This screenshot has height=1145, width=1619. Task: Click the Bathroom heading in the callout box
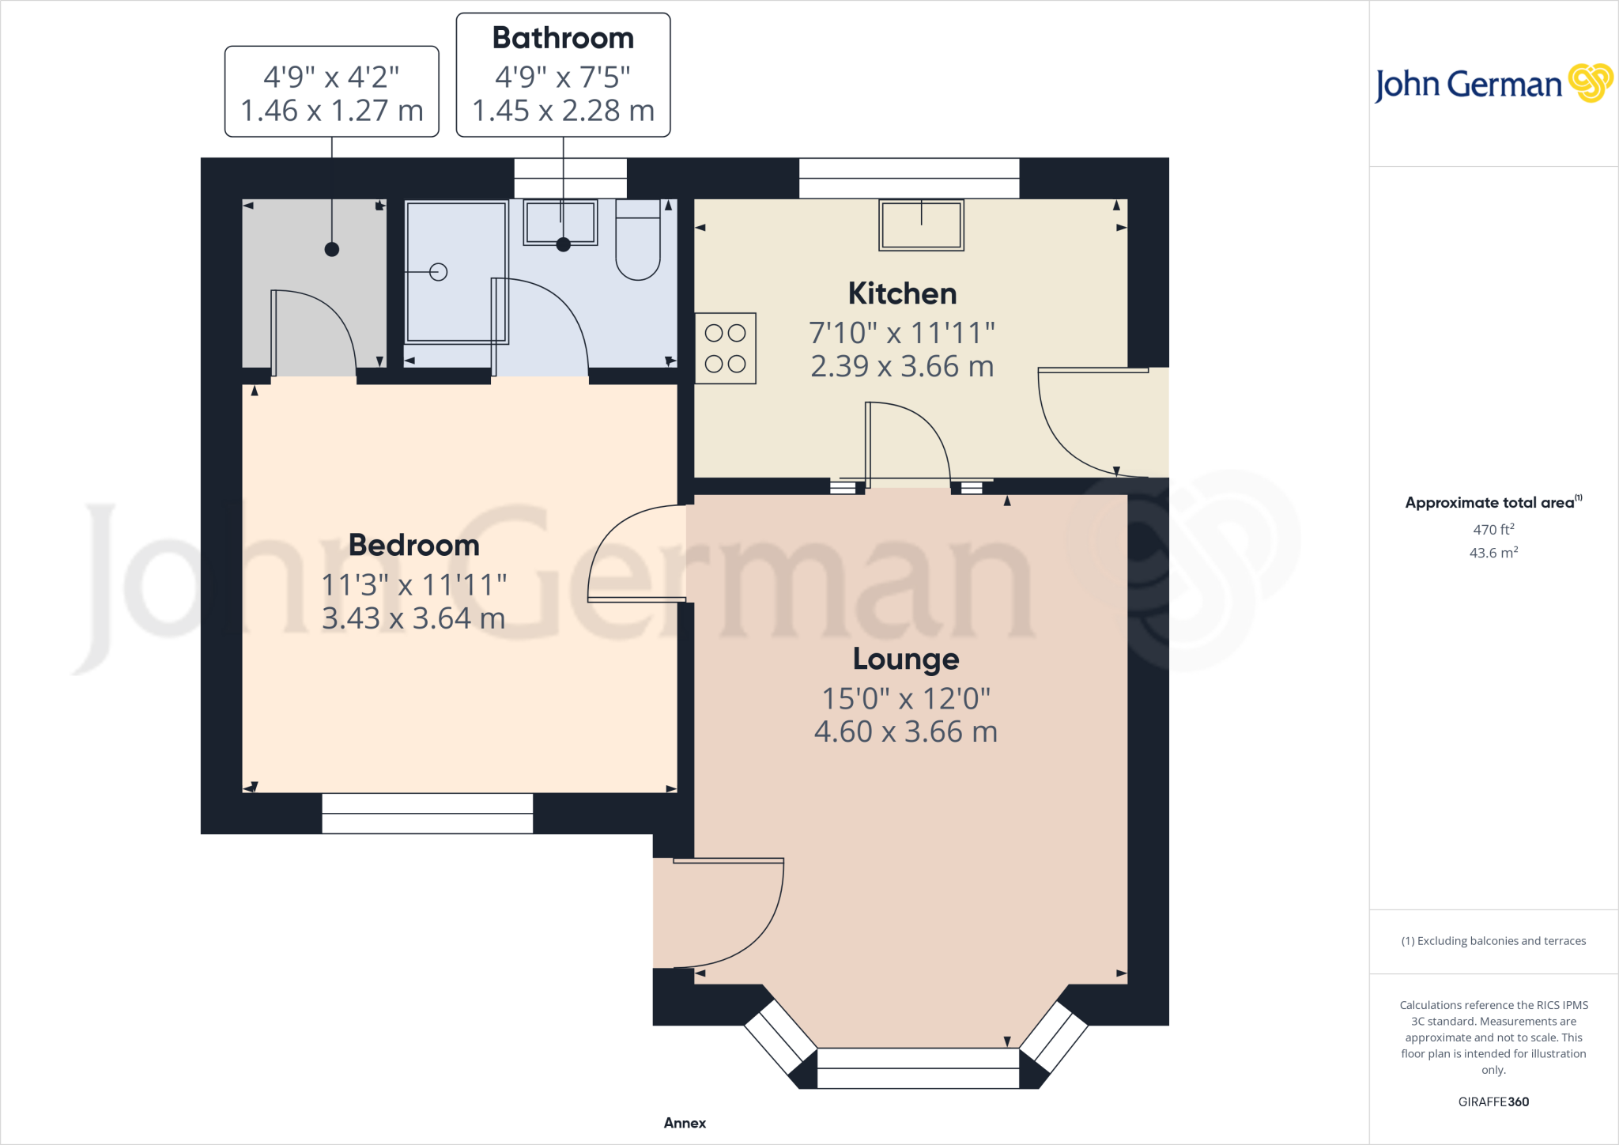coord(563,38)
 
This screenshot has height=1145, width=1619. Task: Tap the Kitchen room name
coord(902,293)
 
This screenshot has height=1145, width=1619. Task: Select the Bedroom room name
coord(413,545)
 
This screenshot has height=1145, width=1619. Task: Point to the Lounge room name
coord(906,659)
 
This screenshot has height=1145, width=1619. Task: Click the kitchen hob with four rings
coord(726,349)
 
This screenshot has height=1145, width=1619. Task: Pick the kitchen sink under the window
coord(922,225)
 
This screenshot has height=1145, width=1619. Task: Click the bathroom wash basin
coord(560,222)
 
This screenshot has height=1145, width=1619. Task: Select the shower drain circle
coord(439,272)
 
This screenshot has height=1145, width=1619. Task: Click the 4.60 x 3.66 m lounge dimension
coord(906,731)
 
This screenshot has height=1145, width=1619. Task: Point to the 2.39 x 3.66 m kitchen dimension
coord(902,366)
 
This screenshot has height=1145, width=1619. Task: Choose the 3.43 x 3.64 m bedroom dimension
coord(413,618)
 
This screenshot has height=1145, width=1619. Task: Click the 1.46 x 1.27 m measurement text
coord(332,111)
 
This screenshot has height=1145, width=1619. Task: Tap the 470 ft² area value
coord(1493,529)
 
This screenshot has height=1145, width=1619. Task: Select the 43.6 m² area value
coord(1493,553)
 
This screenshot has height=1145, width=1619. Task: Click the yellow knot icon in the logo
coord(1591,83)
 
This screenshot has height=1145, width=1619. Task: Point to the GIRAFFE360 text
coord(1493,1102)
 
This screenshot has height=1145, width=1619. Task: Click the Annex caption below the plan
coord(685,1123)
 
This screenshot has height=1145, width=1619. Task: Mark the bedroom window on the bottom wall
coord(428,814)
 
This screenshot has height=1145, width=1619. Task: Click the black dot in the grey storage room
coord(332,250)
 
